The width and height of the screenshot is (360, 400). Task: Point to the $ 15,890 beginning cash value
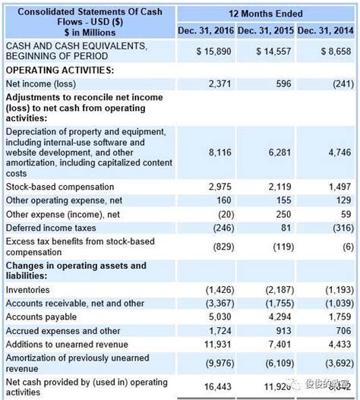213,51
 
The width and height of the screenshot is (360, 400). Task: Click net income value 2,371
219,83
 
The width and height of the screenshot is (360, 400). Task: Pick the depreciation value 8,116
219,153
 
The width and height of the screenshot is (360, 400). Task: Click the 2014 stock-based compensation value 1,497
339,187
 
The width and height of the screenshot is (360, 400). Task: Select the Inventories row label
28,290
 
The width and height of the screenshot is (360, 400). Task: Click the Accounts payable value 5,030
219,317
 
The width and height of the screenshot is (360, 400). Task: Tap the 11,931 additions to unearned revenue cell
217,345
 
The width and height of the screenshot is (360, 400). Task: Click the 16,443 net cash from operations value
217,387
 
